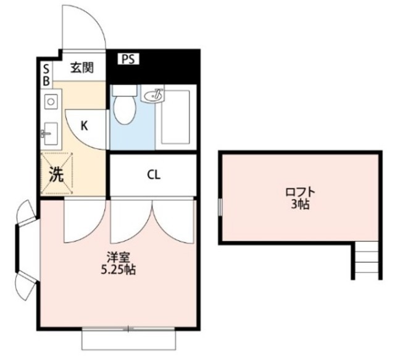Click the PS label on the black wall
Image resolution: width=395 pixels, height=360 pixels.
pos(129,59)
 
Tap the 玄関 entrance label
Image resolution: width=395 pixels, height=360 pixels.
pos(81,68)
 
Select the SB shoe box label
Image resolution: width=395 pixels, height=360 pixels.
pos(46,74)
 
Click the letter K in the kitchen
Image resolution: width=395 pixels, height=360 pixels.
pos(85,126)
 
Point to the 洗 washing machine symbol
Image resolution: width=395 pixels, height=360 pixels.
pos(56,174)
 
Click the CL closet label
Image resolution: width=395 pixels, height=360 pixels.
pos(154,175)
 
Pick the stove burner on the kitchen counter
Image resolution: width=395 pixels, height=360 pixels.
pos(50,99)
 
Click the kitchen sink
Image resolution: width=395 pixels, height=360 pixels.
pos(50,132)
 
